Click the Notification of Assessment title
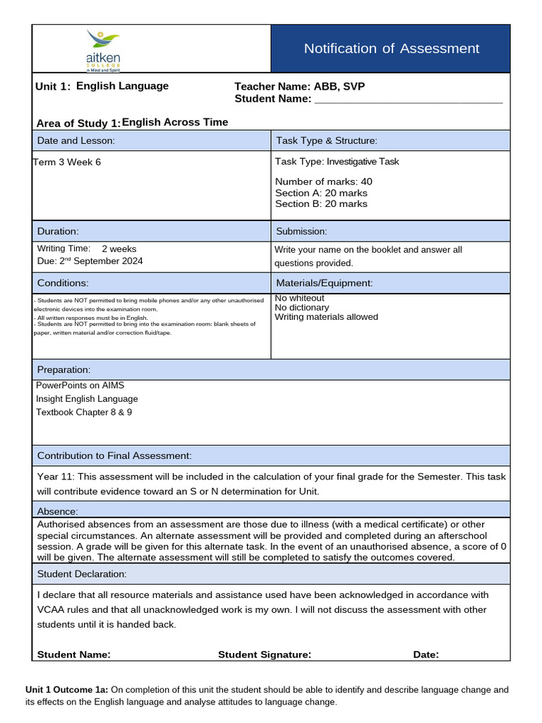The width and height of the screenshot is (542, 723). click(x=391, y=49)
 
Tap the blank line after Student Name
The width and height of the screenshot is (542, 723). click(x=408, y=100)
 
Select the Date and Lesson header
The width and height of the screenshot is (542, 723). click(x=76, y=141)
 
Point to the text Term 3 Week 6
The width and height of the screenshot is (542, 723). click(x=67, y=162)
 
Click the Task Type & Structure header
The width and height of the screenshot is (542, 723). click(x=327, y=141)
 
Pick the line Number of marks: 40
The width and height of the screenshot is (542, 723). click(x=324, y=182)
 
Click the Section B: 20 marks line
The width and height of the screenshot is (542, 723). click(x=321, y=204)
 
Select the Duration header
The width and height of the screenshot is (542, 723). click(x=58, y=231)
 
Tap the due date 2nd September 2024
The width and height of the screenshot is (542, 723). click(x=100, y=261)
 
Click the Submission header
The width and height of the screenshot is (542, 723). click(x=301, y=231)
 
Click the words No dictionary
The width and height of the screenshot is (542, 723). click(x=301, y=308)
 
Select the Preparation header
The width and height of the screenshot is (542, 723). click(x=64, y=370)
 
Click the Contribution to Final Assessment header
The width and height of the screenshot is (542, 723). click(x=114, y=456)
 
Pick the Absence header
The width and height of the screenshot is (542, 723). click(x=58, y=511)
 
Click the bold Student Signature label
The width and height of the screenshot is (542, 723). click(x=265, y=655)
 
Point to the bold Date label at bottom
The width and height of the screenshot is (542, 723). click(x=426, y=655)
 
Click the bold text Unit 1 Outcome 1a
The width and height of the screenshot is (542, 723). click(x=66, y=690)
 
